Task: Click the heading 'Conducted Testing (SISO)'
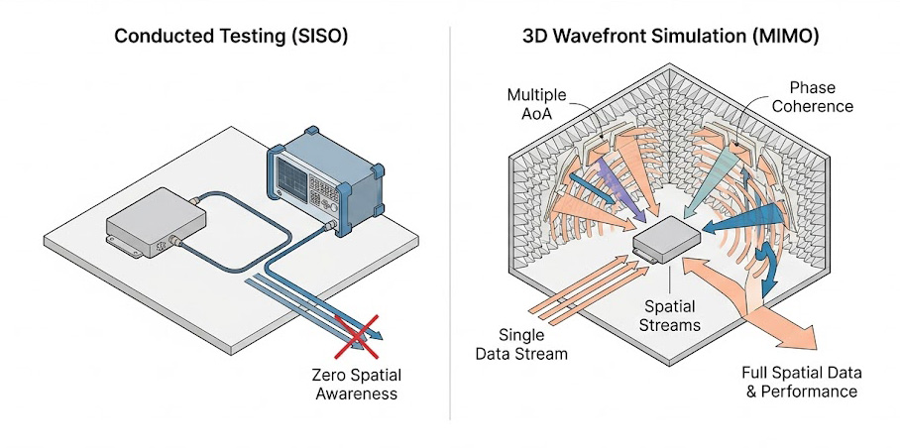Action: [231, 37]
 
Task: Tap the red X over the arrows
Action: [356, 335]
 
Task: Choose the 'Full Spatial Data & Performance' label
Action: [801, 382]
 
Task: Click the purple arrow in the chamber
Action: [624, 189]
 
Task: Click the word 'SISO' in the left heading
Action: [316, 37]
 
